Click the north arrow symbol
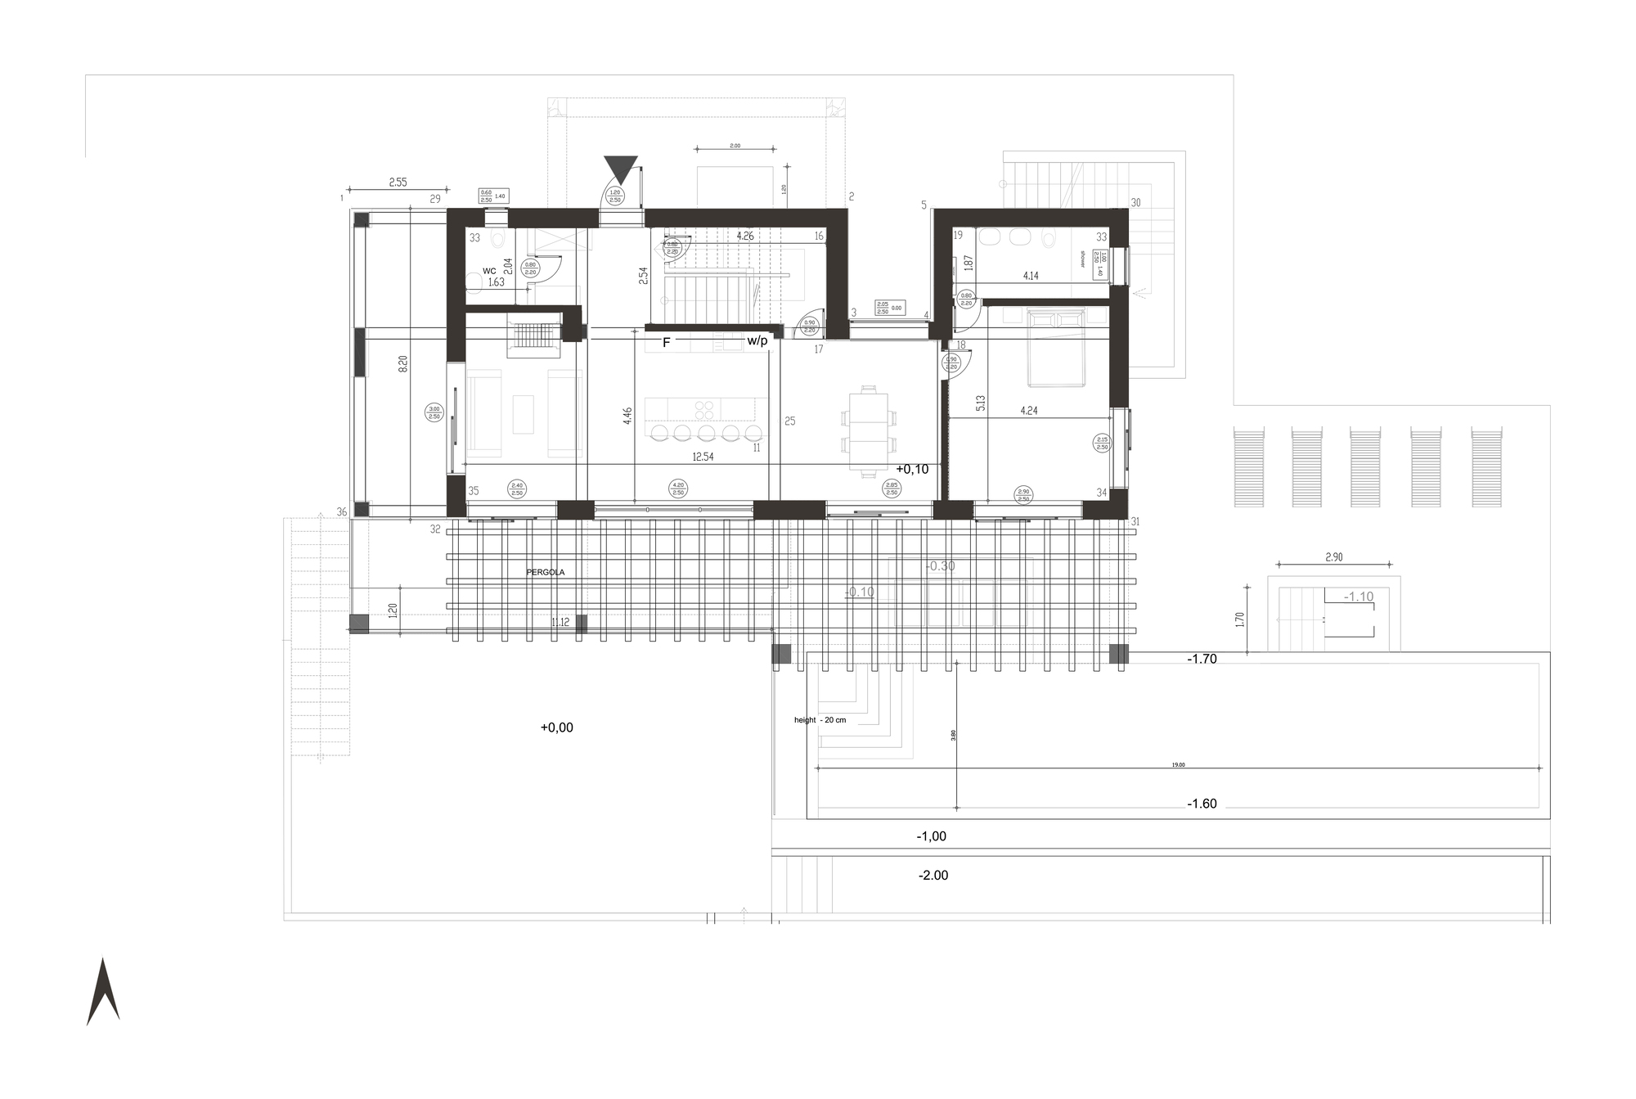pyautogui.click(x=103, y=991)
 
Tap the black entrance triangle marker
pyautogui.click(x=621, y=169)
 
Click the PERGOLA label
pyautogui.click(x=546, y=572)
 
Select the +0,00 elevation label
pyautogui.click(x=557, y=727)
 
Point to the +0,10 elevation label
pyautogui.click(x=912, y=469)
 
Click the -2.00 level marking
pyautogui.click(x=933, y=876)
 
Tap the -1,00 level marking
pyautogui.click(x=931, y=836)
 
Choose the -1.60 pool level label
pyautogui.click(x=1202, y=804)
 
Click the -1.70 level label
pyautogui.click(x=1202, y=659)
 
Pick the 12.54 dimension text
pyautogui.click(x=703, y=457)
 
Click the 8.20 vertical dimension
pyautogui.click(x=402, y=364)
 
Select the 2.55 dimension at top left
pyautogui.click(x=398, y=182)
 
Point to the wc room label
pyautogui.click(x=489, y=270)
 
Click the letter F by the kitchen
pyautogui.click(x=666, y=343)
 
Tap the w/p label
pyautogui.click(x=757, y=340)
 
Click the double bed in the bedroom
pyautogui.click(x=1056, y=346)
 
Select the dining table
pyautogui.click(x=868, y=430)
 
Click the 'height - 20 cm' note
pyautogui.click(x=820, y=720)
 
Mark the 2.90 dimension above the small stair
pyautogui.click(x=1333, y=557)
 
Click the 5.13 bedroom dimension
pyautogui.click(x=980, y=403)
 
